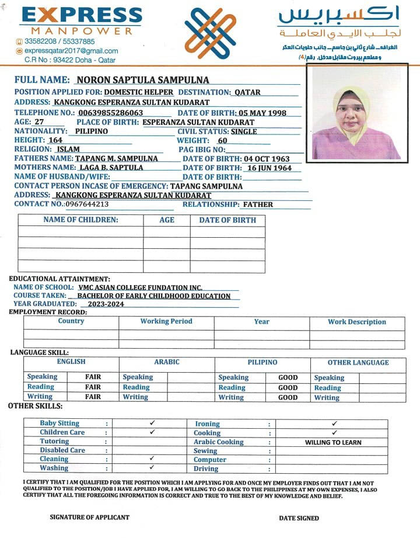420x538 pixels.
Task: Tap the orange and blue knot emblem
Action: pyautogui.click(x=212, y=33)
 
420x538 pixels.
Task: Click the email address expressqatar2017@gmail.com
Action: pyautogui.click(x=71, y=51)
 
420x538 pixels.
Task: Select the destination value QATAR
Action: pyautogui.click(x=247, y=92)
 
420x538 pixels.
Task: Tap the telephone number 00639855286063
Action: pyautogui.click(x=111, y=112)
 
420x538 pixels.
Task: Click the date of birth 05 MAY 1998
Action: pyautogui.click(x=262, y=113)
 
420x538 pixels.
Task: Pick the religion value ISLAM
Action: pyautogui.click(x=68, y=149)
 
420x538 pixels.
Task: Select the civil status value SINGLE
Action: pyautogui.click(x=244, y=131)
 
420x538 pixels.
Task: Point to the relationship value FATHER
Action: pyautogui.click(x=258, y=204)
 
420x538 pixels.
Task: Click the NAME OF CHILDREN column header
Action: pyautogui.click(x=80, y=220)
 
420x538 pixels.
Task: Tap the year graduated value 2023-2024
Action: pyautogui.click(x=102, y=304)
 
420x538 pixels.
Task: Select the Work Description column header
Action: pyautogui.click(x=356, y=322)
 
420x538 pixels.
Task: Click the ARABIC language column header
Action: pyautogui.click(x=166, y=362)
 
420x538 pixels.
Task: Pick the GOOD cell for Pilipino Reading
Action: pyautogui.click(x=288, y=387)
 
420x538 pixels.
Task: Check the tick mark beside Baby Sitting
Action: pyautogui.click(x=152, y=422)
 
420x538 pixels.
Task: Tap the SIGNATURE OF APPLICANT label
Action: pyautogui.click(x=89, y=517)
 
